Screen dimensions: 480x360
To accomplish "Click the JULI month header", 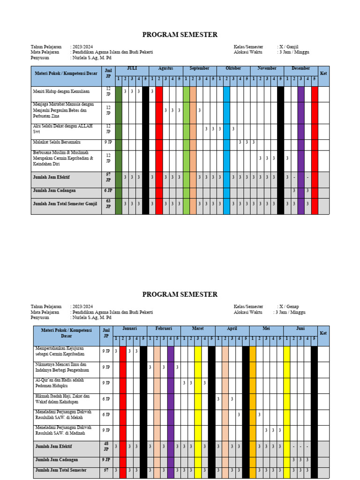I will pos(132,68).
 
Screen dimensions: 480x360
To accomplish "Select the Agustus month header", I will pos(165,68).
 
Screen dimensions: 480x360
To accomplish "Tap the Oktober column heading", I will pos(233,68).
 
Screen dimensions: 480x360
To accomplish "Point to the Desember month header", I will pos(300,68).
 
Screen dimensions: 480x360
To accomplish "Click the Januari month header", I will pos(130,329).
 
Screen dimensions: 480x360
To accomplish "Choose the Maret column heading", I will pos(198,329).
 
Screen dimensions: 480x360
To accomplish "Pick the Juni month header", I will pos(300,329).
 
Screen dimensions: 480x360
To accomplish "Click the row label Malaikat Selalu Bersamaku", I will pos(56,142).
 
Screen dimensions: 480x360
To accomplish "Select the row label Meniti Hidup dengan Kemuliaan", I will pos(61,91).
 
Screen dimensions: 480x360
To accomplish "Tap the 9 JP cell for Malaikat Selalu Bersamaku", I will pos(108,142).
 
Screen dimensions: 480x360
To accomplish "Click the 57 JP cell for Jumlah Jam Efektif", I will pos(108,177).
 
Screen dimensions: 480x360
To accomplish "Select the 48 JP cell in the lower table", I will pos(106,446).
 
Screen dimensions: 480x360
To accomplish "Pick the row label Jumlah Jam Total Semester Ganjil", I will pos(64,204).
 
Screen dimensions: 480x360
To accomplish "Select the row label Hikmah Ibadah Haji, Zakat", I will pos(62,399).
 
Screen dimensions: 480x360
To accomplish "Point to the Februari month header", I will pos(164,329).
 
